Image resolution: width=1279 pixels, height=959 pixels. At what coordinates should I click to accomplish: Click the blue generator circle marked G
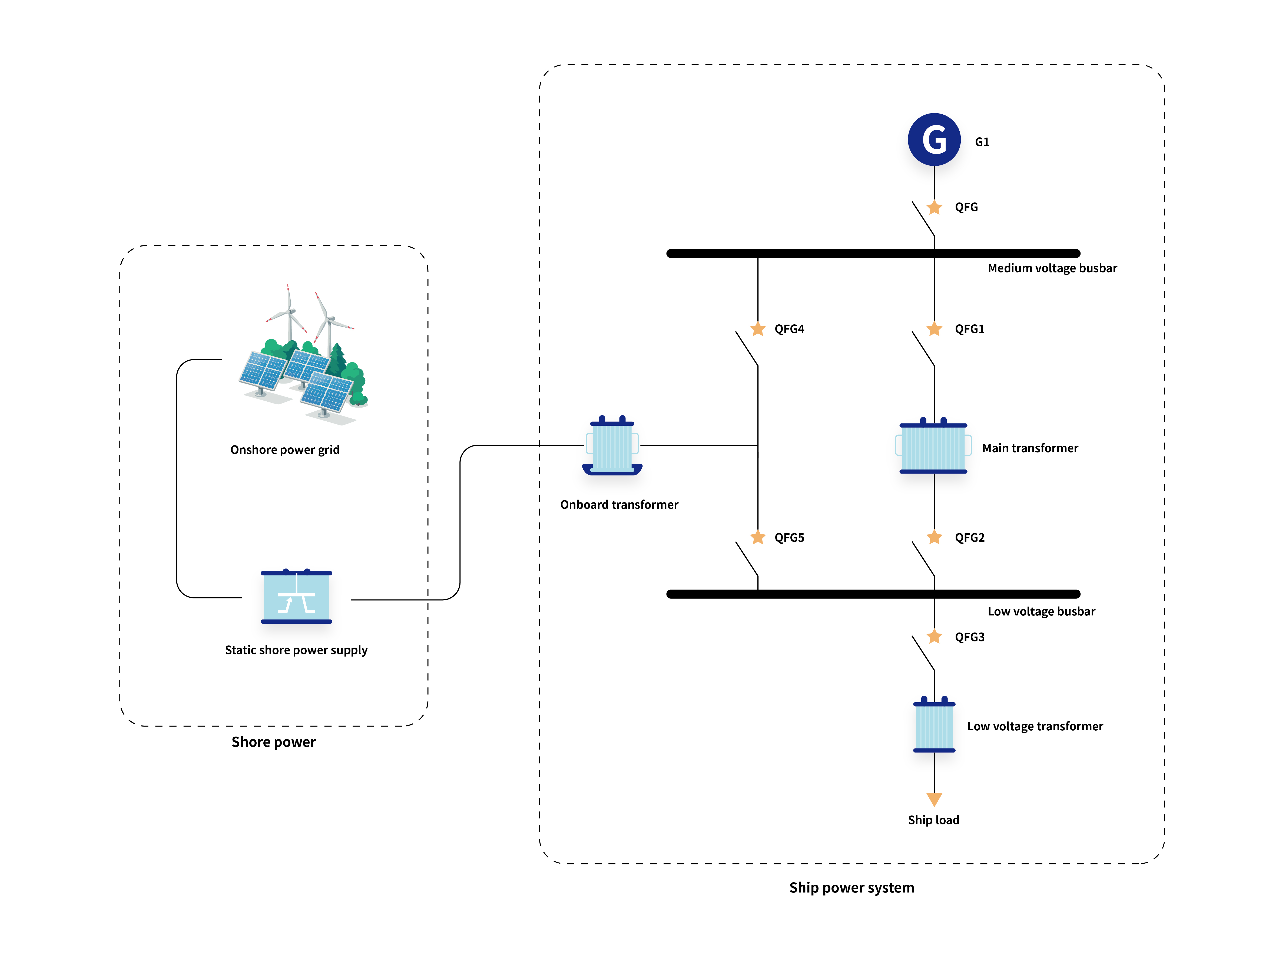pyautogui.click(x=934, y=139)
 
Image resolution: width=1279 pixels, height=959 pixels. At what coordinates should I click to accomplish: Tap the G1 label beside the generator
pyautogui.click(x=982, y=142)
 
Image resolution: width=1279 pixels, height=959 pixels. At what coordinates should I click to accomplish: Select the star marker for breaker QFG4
pyautogui.click(x=757, y=329)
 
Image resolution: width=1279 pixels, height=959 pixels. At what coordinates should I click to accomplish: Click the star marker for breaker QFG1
pyautogui.click(x=934, y=329)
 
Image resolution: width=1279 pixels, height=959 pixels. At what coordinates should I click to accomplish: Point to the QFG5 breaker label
pyautogui.click(x=789, y=538)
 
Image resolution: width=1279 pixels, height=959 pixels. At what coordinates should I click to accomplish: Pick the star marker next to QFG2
pyautogui.click(x=934, y=538)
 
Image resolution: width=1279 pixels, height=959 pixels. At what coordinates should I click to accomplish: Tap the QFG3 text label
pyautogui.click(x=969, y=637)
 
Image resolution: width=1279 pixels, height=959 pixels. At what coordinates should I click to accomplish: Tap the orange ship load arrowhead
pyautogui.click(x=934, y=799)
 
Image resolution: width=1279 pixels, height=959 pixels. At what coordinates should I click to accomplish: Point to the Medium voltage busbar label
pyautogui.click(x=1052, y=268)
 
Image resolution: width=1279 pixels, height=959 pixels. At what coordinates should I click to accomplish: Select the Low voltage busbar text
pyautogui.click(x=1041, y=612)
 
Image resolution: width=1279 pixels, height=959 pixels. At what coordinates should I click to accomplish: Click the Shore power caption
pyautogui.click(x=273, y=742)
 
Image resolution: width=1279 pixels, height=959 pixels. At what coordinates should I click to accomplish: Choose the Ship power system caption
pyautogui.click(x=851, y=888)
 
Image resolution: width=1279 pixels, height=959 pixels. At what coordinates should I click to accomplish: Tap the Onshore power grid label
pyautogui.click(x=284, y=450)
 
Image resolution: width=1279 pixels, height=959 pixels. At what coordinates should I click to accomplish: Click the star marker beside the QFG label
pyautogui.click(x=934, y=208)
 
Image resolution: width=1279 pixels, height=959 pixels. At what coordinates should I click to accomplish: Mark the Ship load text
pyautogui.click(x=933, y=820)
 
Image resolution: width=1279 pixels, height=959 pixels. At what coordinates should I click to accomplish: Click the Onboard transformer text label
pyautogui.click(x=619, y=505)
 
